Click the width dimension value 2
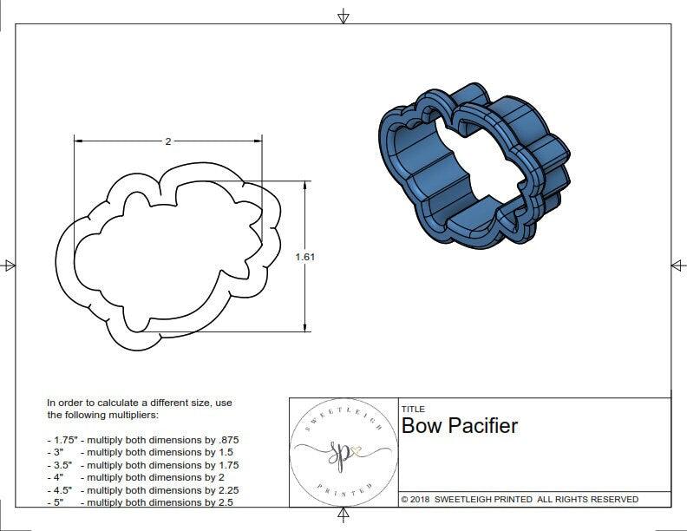[x=167, y=141]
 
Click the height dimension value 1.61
[x=304, y=257]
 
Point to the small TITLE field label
[x=412, y=409]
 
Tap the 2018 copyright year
[x=421, y=500]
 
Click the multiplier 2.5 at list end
[x=224, y=502]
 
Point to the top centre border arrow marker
[x=343, y=16]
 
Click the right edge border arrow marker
[x=677, y=265]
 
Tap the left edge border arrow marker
[x=9, y=265]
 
